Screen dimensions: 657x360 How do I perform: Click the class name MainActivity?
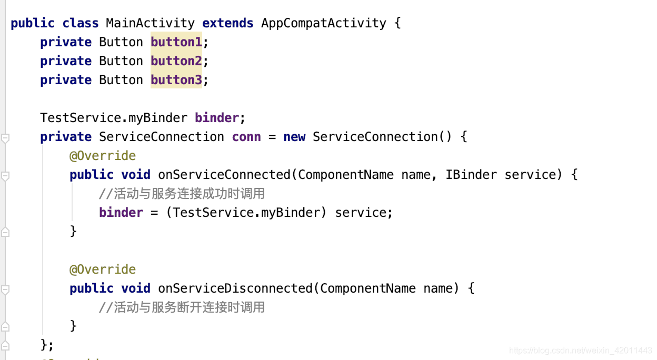(x=150, y=23)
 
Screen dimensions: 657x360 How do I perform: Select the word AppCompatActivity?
(x=323, y=23)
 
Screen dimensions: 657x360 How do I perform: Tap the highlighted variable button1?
(x=176, y=42)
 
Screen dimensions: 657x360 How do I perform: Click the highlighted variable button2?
(x=176, y=61)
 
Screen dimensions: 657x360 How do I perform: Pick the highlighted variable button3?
(x=176, y=80)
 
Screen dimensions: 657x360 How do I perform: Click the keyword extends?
(x=227, y=23)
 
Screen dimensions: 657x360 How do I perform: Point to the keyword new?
(x=294, y=137)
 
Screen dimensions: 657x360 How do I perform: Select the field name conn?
(x=246, y=137)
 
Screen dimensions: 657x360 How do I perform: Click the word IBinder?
(x=471, y=175)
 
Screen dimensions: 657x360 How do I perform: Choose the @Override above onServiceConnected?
(x=103, y=156)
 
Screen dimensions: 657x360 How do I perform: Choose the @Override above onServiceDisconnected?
(x=103, y=269)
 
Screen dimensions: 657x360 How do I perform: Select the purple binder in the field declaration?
(x=216, y=118)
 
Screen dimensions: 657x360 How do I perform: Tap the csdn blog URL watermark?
(x=581, y=351)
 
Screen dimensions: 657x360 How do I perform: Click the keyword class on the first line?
(x=80, y=23)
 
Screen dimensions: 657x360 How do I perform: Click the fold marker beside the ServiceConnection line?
(x=5, y=138)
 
